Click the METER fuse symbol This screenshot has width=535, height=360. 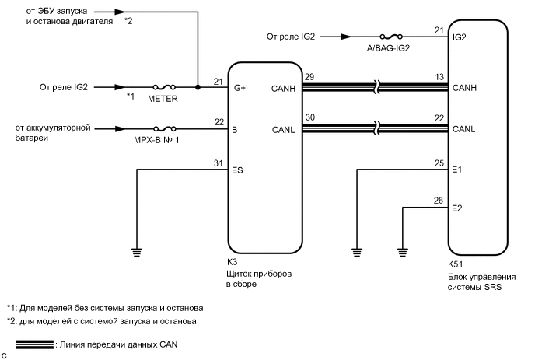coord(164,87)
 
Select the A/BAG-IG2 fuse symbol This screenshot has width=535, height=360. coord(391,37)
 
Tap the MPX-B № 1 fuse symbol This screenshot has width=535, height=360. coord(164,128)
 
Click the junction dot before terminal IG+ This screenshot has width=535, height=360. coord(198,87)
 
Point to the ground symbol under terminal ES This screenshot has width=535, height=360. coord(137,253)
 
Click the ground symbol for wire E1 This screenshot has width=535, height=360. coord(357,253)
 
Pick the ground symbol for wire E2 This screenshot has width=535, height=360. coord(403,253)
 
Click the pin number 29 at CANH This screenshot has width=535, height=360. coord(309,77)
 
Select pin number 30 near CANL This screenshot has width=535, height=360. coord(309,117)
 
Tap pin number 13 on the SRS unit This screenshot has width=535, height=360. coord(439,77)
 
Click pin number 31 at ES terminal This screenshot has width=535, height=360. coord(219,163)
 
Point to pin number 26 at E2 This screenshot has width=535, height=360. coord(439,201)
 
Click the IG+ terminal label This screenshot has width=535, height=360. coord(239,88)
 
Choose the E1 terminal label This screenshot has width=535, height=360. coord(457,170)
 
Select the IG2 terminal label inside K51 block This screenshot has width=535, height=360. coord(460,37)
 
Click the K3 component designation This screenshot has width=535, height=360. coord(232,262)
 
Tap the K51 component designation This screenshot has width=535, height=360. coord(456,264)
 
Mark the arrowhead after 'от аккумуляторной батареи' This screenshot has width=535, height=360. coord(120,128)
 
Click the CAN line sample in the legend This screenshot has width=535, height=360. coord(35,344)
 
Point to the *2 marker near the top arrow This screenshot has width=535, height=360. coord(128,21)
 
